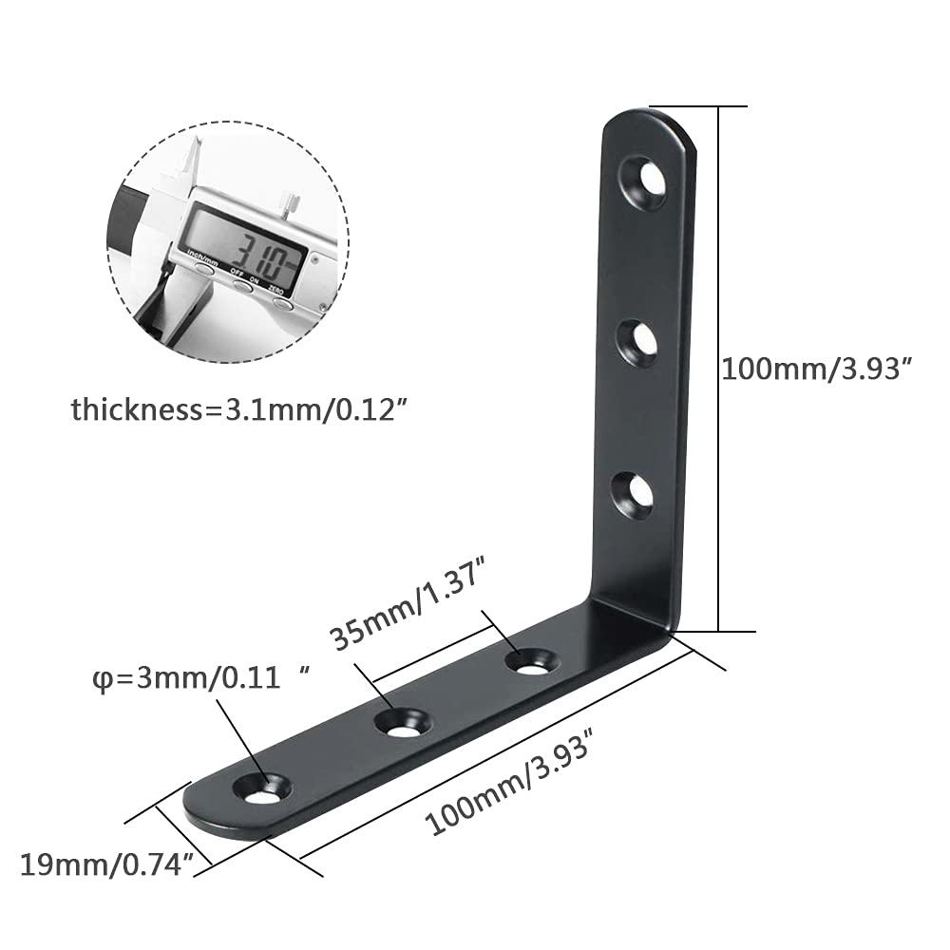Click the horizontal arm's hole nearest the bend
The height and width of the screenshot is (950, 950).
[532, 661]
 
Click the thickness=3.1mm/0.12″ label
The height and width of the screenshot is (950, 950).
[237, 410]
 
